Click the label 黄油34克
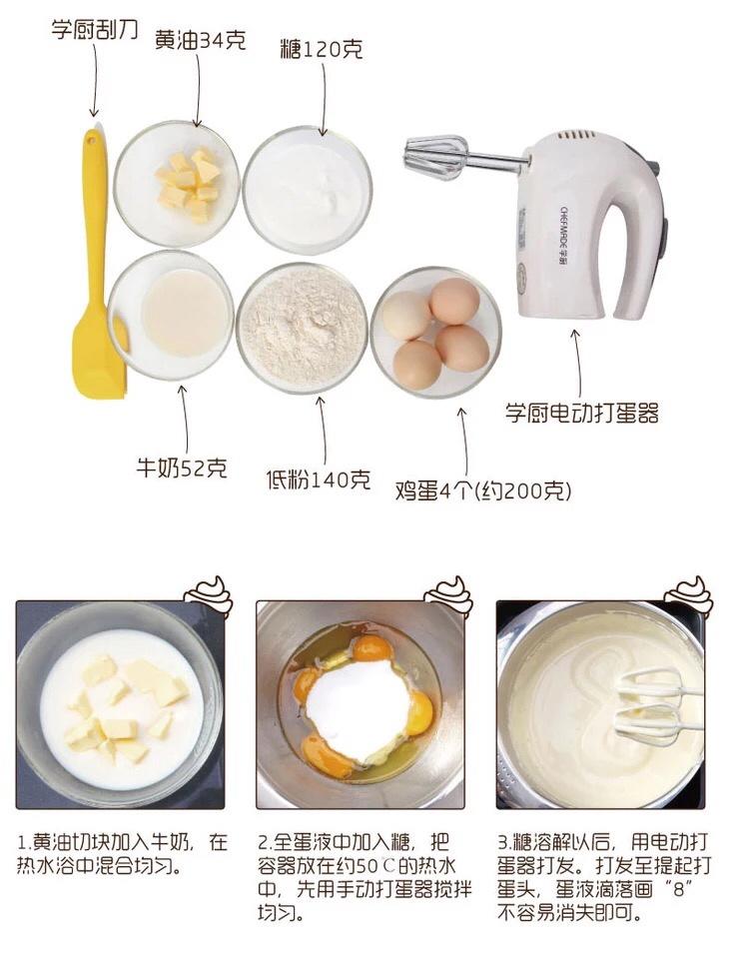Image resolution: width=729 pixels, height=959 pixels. coord(200,40)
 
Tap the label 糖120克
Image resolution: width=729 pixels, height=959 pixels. coord(322,49)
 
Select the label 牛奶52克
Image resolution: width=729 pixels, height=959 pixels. coord(182,468)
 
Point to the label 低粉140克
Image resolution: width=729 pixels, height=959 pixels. coord(318,479)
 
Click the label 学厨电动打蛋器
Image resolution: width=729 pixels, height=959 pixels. coord(582,414)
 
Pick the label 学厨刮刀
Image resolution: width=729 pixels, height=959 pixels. coord(95,29)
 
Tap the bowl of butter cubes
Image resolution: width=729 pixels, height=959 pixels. coord(177,184)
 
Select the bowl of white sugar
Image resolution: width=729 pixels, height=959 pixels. coord(307,190)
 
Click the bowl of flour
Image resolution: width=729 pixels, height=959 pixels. coord(303,328)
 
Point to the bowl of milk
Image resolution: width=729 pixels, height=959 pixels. coord(171,315)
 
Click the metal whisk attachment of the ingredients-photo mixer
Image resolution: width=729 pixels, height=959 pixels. coord(435,158)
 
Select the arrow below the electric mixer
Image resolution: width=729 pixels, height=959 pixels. coord(577,364)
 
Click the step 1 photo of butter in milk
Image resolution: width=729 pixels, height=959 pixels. coord(121,704)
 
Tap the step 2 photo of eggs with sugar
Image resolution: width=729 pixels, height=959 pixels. coord(360,704)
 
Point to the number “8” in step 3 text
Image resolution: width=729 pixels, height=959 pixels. coord(678,889)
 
